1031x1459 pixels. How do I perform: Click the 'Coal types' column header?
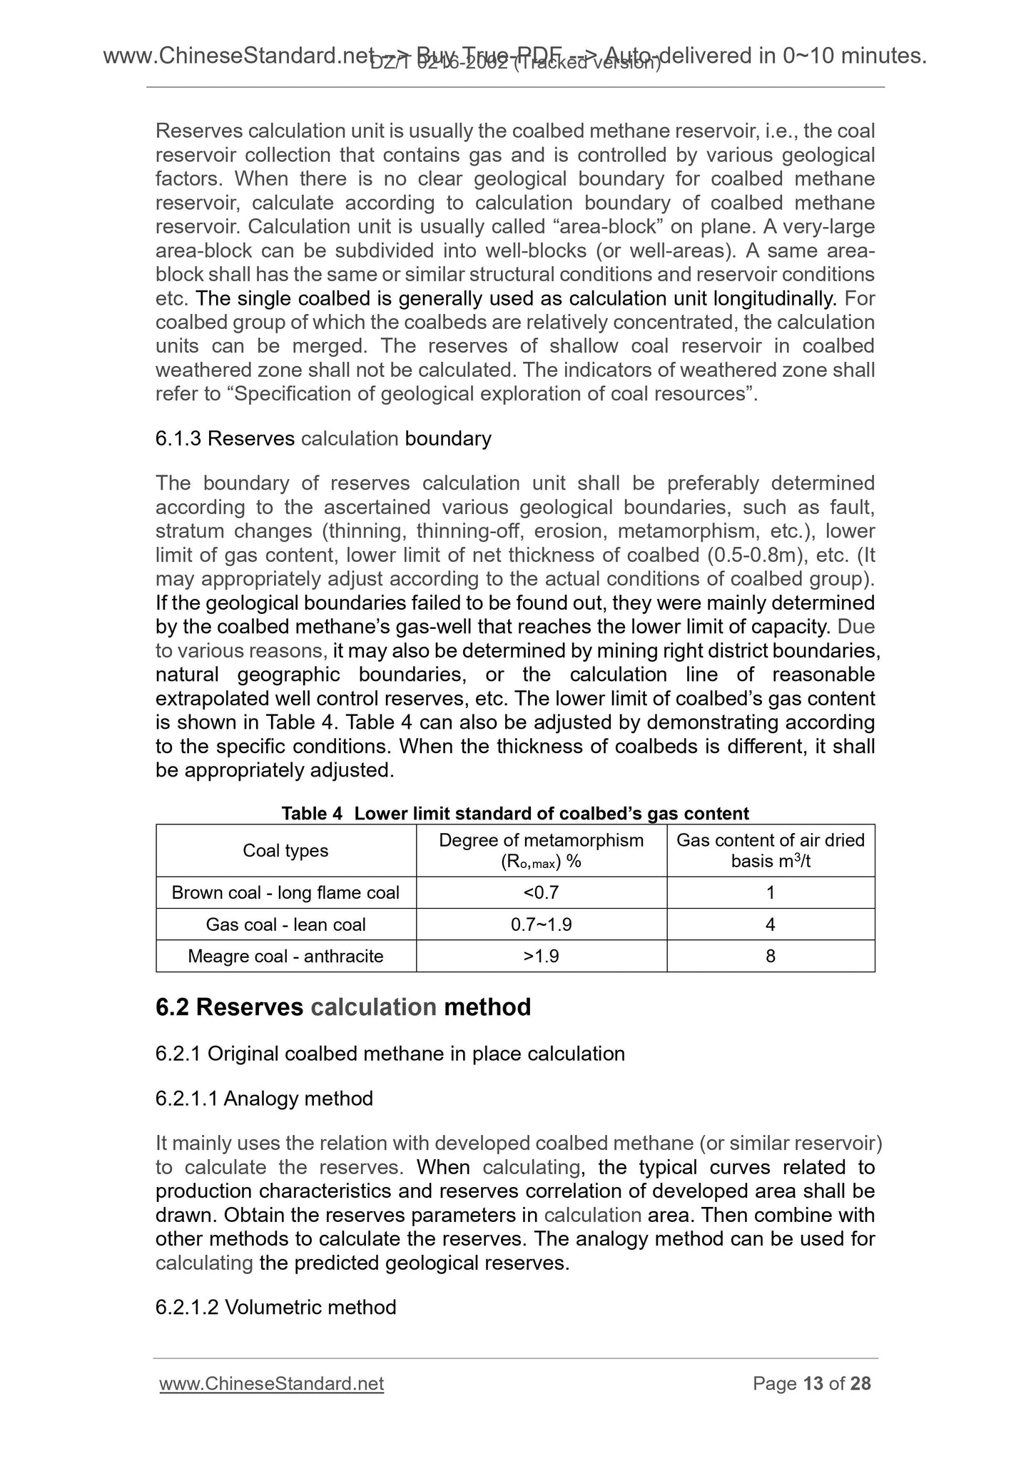click(285, 850)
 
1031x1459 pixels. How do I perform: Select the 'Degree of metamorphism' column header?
click(541, 850)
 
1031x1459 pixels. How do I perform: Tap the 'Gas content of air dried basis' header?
click(771, 850)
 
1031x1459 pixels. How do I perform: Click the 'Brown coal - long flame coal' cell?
click(285, 892)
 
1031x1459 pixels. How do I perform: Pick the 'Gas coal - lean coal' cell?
click(285, 924)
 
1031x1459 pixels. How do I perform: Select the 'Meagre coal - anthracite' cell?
click(285, 956)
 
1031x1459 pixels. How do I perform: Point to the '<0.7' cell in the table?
click(541, 892)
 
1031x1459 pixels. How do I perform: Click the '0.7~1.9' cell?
click(541, 924)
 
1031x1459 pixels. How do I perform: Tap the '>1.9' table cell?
click(541, 956)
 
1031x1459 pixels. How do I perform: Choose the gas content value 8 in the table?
click(771, 956)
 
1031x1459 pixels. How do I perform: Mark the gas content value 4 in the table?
click(771, 924)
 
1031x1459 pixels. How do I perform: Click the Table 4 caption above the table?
click(515, 813)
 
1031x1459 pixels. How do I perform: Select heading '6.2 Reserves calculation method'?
click(343, 1007)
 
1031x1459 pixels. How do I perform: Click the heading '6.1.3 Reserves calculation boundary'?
click(323, 438)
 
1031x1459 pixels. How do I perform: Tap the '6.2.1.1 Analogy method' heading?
click(264, 1098)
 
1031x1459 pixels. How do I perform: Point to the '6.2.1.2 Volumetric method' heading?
click(275, 1307)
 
